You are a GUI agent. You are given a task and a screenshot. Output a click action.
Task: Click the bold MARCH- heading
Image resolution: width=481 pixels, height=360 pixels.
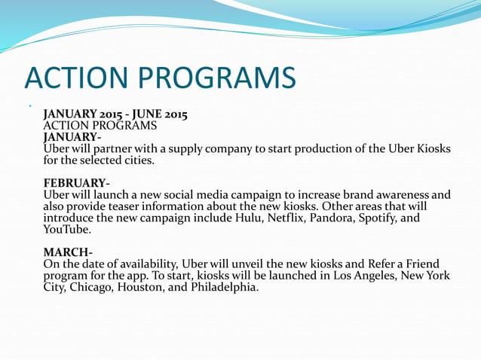[x=69, y=252]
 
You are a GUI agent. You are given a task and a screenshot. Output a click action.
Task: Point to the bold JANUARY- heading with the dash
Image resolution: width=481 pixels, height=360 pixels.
[x=72, y=137]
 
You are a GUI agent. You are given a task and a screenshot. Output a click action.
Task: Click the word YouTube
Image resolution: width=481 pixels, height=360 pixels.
[x=66, y=230]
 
